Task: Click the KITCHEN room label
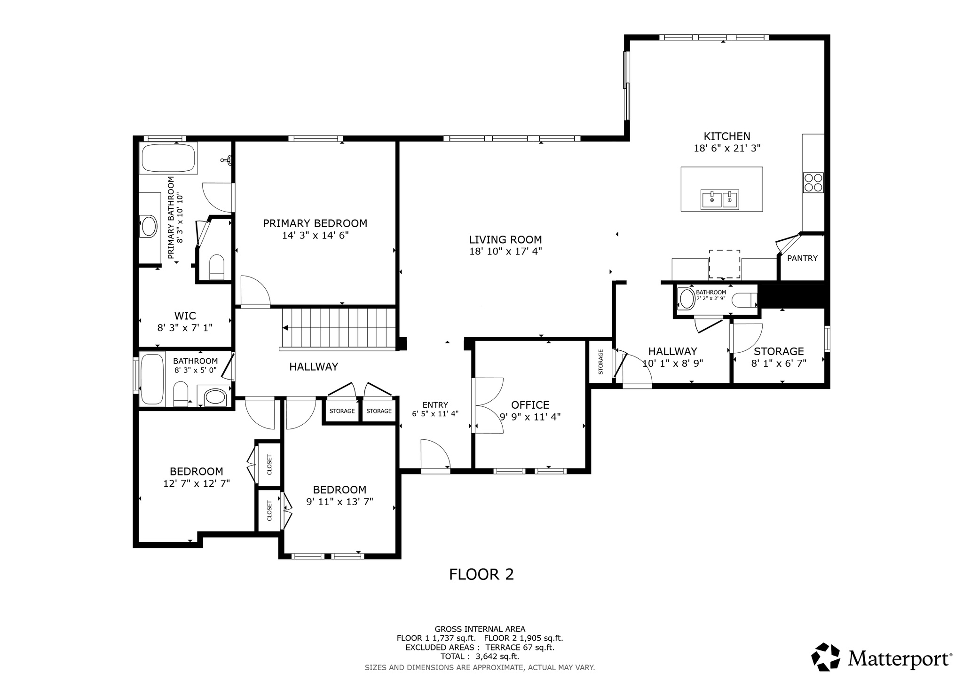726,136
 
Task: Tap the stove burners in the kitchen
813,183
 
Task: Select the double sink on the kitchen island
719,199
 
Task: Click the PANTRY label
802,258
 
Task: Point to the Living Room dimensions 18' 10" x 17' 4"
505,252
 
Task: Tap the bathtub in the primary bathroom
168,158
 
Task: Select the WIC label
185,316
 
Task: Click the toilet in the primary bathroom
217,267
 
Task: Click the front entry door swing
435,454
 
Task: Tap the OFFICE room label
530,405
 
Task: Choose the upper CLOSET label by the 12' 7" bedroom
269,464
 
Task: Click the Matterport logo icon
826,657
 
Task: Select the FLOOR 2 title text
481,574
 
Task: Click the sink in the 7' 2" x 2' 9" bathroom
687,299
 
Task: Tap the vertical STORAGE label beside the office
600,362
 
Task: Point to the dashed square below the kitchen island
724,264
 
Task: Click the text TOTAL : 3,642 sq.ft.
480,657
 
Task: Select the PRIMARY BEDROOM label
315,223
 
